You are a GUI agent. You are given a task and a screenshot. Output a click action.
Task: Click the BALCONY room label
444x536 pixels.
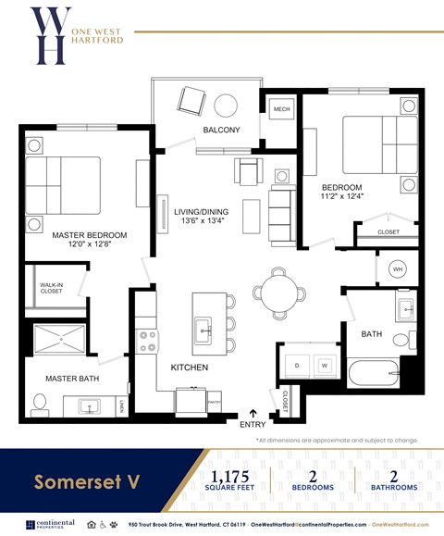pos(221,131)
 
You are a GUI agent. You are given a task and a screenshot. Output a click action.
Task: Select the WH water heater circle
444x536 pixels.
pos(399,269)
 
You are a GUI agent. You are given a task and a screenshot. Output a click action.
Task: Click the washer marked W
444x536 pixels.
pos(325,366)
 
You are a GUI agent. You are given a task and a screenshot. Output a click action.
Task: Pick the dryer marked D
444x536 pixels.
pos(297,366)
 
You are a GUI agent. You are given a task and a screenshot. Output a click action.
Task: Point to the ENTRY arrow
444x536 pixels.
pos(253,413)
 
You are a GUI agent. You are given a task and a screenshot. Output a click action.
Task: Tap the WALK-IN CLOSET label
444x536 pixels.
pos(51,289)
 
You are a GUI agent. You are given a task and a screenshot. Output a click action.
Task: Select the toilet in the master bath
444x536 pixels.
pos(39,403)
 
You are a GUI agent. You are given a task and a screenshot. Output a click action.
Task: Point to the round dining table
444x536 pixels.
pos(278,293)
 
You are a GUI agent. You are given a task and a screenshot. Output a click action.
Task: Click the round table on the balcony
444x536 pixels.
pos(227,104)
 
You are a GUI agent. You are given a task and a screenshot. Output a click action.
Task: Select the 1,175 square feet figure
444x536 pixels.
pos(229,475)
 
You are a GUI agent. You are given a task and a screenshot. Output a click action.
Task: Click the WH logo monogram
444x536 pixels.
pos(50,36)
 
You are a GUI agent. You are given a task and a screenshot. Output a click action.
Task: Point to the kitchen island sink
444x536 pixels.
pos(203,328)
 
